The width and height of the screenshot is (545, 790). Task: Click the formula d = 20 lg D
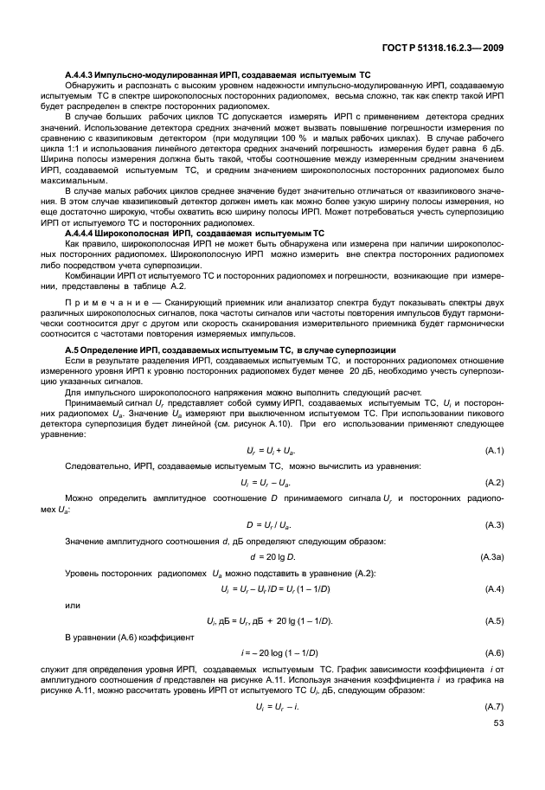point(270,557)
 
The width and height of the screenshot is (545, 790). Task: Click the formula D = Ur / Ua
point(270,525)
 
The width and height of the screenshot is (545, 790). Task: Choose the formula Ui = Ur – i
point(270,707)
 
